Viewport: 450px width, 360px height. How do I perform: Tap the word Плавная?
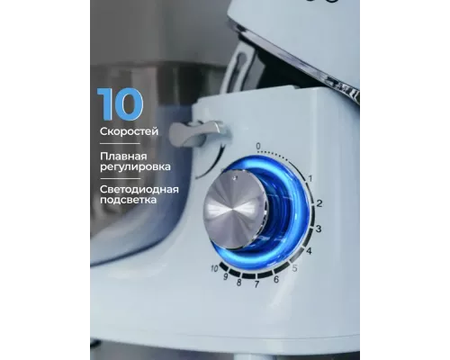(127, 156)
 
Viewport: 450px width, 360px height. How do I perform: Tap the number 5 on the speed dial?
(293, 268)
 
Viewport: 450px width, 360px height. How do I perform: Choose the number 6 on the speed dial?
(275, 279)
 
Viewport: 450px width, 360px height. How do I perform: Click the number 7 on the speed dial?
(257, 284)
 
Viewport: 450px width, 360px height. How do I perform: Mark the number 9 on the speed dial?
(226, 277)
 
